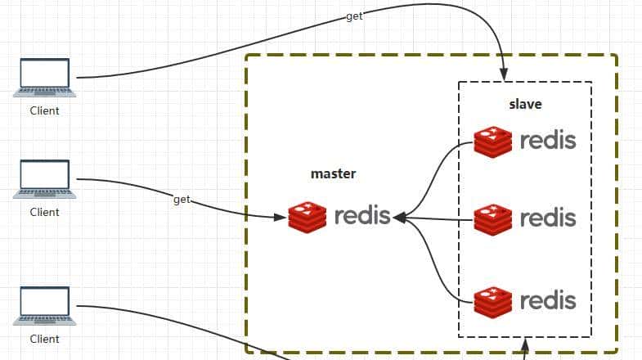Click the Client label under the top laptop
pyautogui.click(x=45, y=110)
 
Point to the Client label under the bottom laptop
pyautogui.click(x=45, y=339)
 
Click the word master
pyautogui.click(x=334, y=174)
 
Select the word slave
pyautogui.click(x=525, y=105)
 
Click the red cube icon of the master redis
pyautogui.click(x=308, y=217)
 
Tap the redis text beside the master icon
pyautogui.click(x=362, y=217)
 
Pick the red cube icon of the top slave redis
pyautogui.click(x=493, y=142)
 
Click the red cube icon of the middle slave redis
pyautogui.click(x=493, y=218)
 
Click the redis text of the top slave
pyautogui.click(x=548, y=141)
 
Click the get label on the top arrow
pyautogui.click(x=354, y=16)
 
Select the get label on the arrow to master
pyautogui.click(x=182, y=200)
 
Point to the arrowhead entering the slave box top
pyautogui.click(x=503, y=74)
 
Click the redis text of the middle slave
pyautogui.click(x=548, y=218)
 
